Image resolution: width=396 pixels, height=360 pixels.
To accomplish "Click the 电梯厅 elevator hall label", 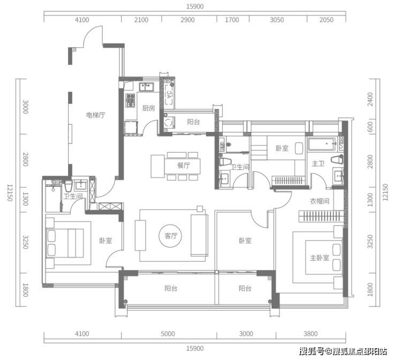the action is [x=95, y=116].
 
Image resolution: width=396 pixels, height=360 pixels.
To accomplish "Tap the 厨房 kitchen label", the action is [x=149, y=108].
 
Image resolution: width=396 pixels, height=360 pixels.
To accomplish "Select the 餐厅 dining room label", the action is [x=184, y=166].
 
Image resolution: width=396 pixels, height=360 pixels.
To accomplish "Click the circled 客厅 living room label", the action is [x=171, y=236].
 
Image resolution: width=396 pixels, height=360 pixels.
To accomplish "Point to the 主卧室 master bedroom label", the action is [x=319, y=258].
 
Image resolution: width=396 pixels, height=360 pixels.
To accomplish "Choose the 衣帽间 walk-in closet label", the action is [x=319, y=201].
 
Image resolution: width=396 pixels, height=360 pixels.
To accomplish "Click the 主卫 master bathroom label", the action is [x=318, y=164].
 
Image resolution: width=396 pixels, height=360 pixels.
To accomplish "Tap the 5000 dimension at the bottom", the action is [x=168, y=334].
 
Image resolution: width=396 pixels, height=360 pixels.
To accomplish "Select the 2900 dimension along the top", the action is [x=187, y=20].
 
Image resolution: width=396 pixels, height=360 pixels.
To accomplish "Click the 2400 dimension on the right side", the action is [x=370, y=99].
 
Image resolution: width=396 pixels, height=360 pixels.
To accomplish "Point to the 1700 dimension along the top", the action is [x=232, y=20].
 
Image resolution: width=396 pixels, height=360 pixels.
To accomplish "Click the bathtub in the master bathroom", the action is [x=322, y=144].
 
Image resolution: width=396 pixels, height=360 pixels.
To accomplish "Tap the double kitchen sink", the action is [x=147, y=87].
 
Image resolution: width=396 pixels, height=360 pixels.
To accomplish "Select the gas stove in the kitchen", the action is [x=131, y=100].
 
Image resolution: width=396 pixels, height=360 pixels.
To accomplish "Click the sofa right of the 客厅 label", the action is [x=199, y=235].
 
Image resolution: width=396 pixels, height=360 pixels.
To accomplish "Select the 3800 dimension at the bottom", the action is [x=310, y=334].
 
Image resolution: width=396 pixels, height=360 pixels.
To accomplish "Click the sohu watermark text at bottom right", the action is [x=343, y=351].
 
